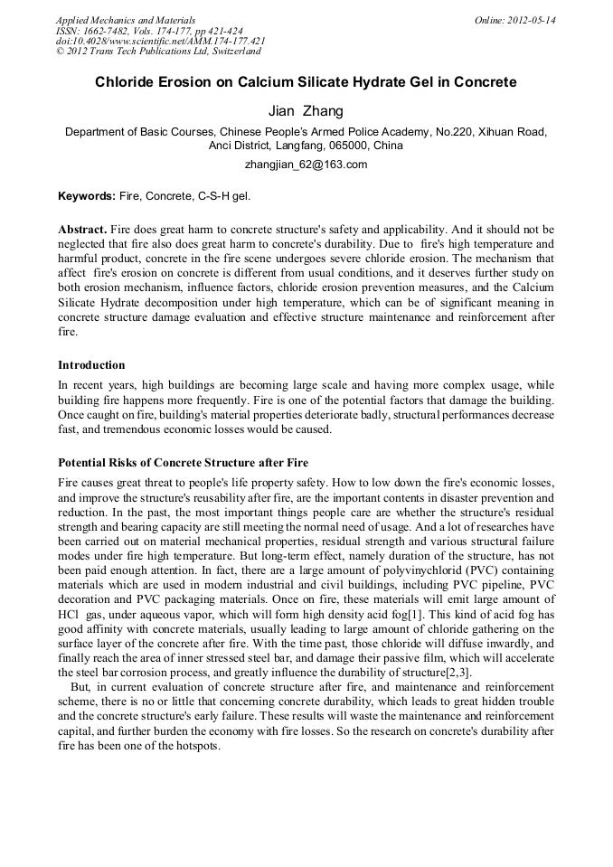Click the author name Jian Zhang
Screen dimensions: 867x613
click(x=306, y=111)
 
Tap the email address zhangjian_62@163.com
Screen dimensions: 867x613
click(x=306, y=165)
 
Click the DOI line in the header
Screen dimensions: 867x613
click(x=160, y=41)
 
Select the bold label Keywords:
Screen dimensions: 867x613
click(x=86, y=195)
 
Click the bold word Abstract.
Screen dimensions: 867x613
click(x=82, y=231)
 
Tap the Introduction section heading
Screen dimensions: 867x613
click(x=91, y=365)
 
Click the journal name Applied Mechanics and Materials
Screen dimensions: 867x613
click(x=125, y=20)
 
